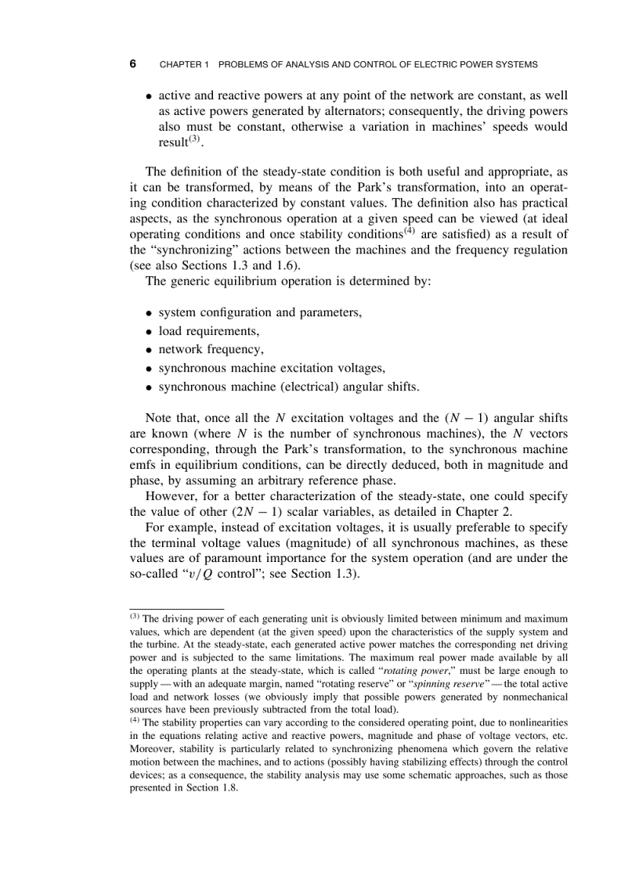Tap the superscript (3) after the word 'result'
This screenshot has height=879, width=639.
195,139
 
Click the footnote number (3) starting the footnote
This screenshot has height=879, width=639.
135,617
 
